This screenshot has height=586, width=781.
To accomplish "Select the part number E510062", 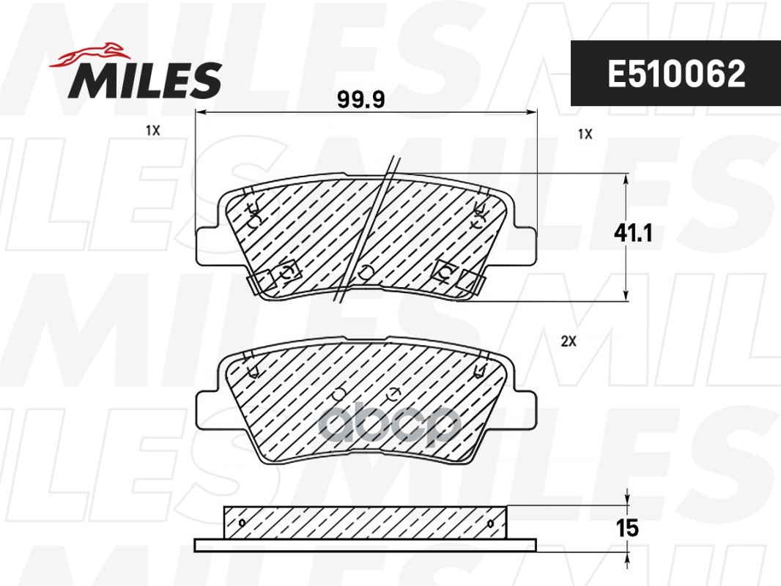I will pos(675,73).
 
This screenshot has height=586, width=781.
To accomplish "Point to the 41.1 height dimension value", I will pos(632,234).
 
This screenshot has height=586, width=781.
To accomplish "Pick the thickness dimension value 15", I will pos(628,527).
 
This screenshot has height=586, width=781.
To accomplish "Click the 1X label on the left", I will pos(152,130).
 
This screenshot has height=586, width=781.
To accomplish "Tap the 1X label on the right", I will pos(584,134).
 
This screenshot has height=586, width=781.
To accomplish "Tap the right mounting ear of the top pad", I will pos(525,245).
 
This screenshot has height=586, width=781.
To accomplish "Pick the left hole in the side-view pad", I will pos(243,523).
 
